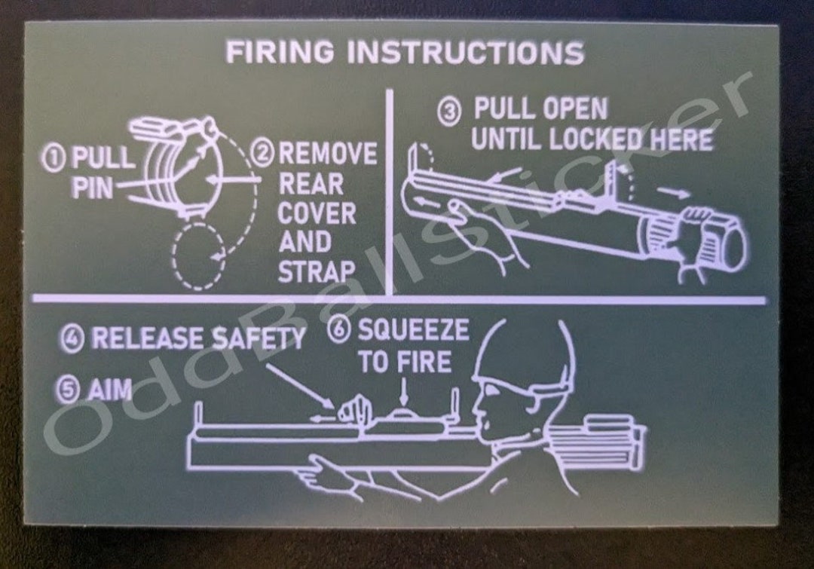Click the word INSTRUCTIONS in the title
pyautogui.click(x=466, y=54)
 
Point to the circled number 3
pyautogui.click(x=450, y=113)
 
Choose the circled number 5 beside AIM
pyautogui.click(x=67, y=390)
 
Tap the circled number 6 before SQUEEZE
pyautogui.click(x=341, y=331)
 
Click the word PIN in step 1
pyautogui.click(x=92, y=188)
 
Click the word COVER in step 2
pyautogui.click(x=317, y=213)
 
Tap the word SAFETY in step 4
pyautogui.click(x=257, y=338)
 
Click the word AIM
pyautogui.click(x=109, y=390)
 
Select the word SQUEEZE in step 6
pyautogui.click(x=412, y=330)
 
